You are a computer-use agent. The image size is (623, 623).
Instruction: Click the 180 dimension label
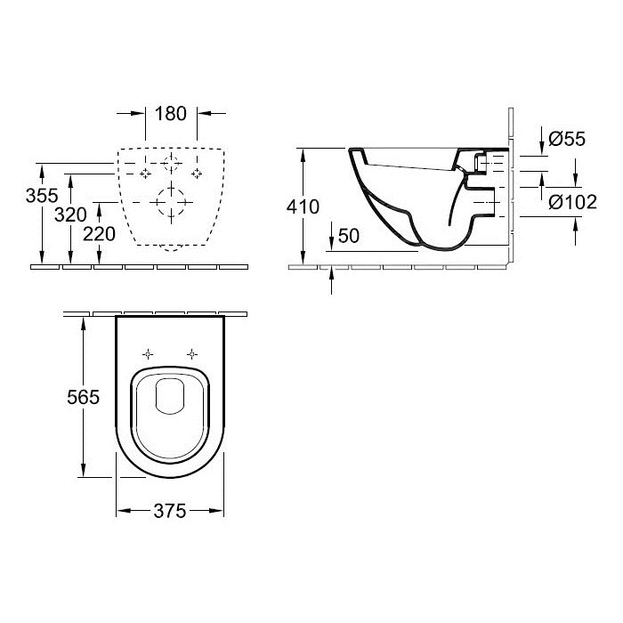tap(171, 114)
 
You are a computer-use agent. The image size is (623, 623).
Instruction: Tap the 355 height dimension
tap(42, 196)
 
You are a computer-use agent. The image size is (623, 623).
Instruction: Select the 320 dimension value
tap(70, 215)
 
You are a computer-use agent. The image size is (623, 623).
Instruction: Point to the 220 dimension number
tap(99, 234)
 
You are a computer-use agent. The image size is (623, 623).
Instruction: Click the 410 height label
tap(303, 207)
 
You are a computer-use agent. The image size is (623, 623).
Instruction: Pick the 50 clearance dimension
tap(349, 236)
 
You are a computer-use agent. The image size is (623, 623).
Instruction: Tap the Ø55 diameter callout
tap(567, 139)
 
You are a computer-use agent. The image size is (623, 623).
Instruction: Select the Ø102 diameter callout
tap(572, 202)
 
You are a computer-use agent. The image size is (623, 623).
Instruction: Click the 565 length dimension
tap(83, 397)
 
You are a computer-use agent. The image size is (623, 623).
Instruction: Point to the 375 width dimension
tap(170, 511)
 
